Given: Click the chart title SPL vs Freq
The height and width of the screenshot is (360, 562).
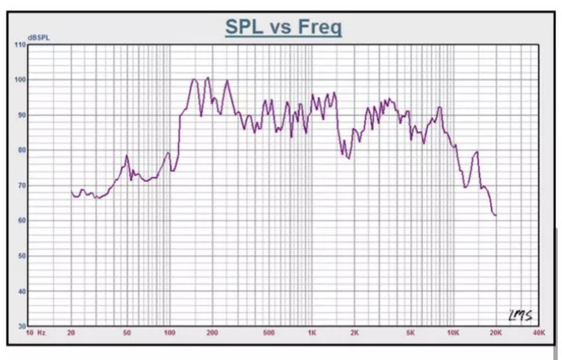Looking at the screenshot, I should click(283, 26).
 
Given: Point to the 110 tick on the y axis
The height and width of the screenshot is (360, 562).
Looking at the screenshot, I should click(21, 45).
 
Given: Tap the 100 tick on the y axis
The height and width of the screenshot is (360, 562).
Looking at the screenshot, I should click(21, 80).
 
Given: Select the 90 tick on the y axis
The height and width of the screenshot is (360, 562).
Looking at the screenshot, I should click(21, 115).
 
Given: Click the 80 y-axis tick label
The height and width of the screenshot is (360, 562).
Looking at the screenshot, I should click(21, 150).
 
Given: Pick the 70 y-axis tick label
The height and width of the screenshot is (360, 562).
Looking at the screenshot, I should click(21, 185).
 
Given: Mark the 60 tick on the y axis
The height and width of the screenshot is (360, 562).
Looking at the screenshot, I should click(21, 221).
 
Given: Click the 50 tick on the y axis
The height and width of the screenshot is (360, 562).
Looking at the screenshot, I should click(21, 256).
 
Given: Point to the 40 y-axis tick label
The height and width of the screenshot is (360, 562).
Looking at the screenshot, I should click(21, 291).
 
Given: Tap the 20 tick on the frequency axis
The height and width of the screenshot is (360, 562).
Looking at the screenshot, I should click(71, 333).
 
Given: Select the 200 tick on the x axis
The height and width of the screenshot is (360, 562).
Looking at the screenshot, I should click(212, 333).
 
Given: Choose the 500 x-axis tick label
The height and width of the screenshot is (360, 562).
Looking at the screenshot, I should click(269, 333).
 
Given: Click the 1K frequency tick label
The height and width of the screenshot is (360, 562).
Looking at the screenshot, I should click(312, 333).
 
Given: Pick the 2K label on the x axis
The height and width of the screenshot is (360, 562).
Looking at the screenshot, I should click(355, 333).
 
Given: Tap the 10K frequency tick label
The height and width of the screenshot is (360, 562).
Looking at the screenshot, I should click(453, 333).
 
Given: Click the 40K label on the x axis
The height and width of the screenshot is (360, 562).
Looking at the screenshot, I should click(538, 333).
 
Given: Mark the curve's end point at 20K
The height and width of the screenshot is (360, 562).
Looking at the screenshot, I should click(496, 215).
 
